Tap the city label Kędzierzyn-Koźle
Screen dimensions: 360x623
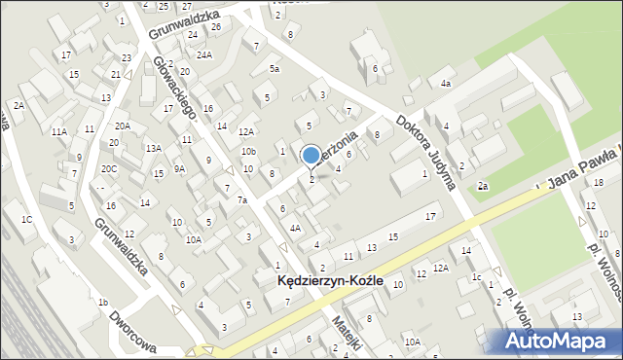pyautogui.click(x=330, y=280)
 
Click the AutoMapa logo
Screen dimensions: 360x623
pyautogui.click(x=559, y=341)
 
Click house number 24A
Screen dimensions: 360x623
pyautogui.click(x=203, y=55)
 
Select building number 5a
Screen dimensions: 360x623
pyautogui.click(x=275, y=69)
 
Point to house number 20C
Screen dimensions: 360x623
pyautogui.click(x=108, y=168)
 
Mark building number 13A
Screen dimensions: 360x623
pyautogui.click(x=153, y=148)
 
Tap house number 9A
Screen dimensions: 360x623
pyautogui.click(x=179, y=168)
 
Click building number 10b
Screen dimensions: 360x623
pyautogui.click(x=249, y=151)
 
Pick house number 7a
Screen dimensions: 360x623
pyautogui.click(x=242, y=200)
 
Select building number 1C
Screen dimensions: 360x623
pyautogui.click(x=27, y=219)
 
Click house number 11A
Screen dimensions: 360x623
pyautogui.click(x=59, y=130)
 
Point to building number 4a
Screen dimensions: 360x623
pyautogui.click(x=446, y=84)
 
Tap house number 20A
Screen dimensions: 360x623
pyautogui.click(x=122, y=126)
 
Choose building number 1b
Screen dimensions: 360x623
pyautogui.click(x=102, y=302)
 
